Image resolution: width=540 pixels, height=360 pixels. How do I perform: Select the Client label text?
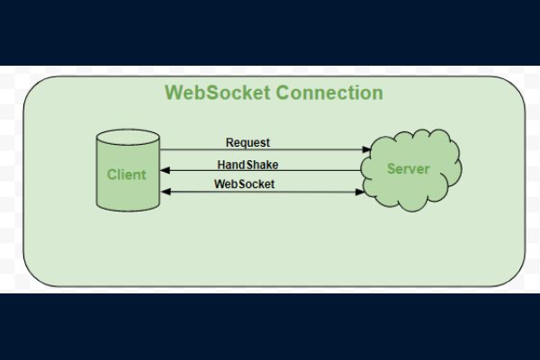pos(126,175)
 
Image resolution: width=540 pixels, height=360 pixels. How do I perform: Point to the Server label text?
pos(408,168)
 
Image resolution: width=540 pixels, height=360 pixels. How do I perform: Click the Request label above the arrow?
pos(247,142)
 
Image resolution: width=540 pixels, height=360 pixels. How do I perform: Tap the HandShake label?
pos(247,164)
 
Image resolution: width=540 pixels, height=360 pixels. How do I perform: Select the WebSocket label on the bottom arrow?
pos(245,184)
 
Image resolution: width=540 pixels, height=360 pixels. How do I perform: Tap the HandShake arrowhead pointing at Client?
pos(165,171)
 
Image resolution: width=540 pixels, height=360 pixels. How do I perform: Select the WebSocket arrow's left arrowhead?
pos(165,192)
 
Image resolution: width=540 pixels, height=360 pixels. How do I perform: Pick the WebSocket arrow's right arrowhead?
pos(359,192)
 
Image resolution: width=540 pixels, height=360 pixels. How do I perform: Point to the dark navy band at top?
pos(270,32)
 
